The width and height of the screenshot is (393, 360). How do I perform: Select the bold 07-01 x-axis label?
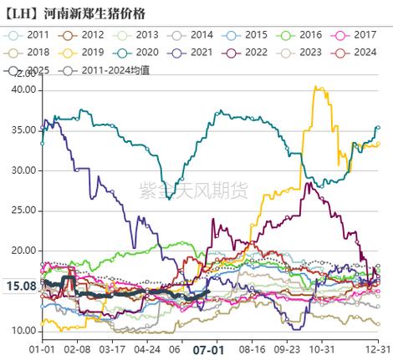[x=206, y=350]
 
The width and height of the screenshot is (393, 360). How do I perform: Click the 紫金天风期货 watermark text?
[x=191, y=192]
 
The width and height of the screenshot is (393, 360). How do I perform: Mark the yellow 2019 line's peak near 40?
[x=316, y=87]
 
